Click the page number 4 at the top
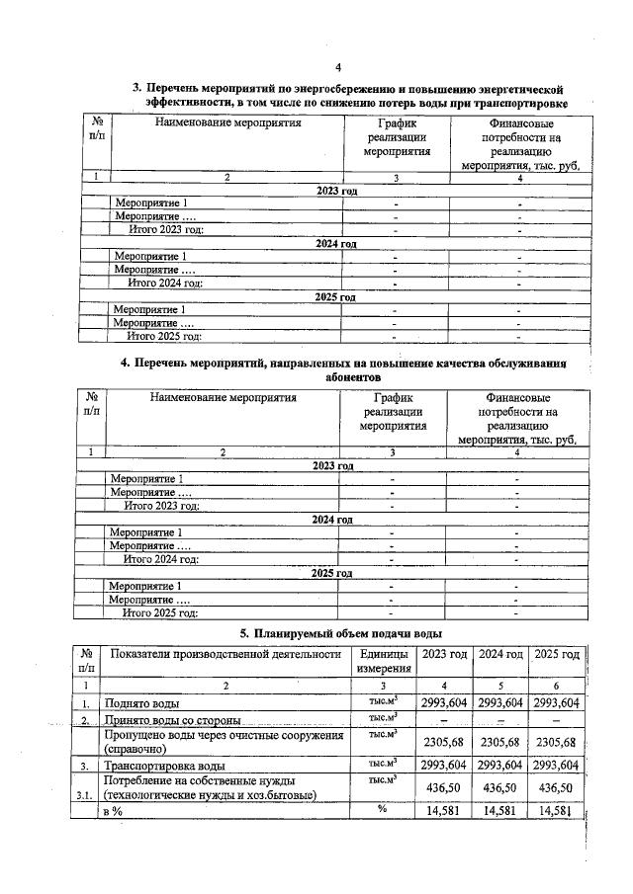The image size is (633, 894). (x=337, y=67)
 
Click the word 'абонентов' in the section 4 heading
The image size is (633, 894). (x=352, y=377)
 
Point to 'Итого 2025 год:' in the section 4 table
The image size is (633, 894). (x=160, y=612)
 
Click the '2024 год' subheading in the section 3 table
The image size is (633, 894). (x=335, y=243)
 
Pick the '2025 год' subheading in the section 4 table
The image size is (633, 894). (x=331, y=572)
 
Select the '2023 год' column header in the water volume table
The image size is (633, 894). (x=445, y=654)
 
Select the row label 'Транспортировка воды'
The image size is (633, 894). (x=164, y=766)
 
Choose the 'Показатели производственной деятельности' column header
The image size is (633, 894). (x=226, y=654)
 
